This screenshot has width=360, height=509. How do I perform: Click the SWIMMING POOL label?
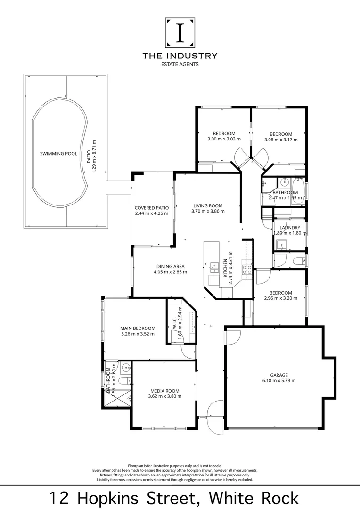click(x=58, y=154)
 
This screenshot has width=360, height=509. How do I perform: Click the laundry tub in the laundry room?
click(x=282, y=245)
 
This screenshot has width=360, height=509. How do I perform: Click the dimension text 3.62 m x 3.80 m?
click(x=165, y=396)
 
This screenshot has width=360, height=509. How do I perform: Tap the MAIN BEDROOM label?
click(x=138, y=328)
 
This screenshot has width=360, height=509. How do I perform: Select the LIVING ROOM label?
click(x=208, y=205)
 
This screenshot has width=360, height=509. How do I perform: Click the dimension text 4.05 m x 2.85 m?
click(x=171, y=272)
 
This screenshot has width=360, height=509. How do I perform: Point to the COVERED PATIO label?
click(x=151, y=207)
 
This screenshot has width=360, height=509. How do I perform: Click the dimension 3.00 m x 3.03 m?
click(x=224, y=139)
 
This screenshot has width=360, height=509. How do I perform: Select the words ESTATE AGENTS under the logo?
click(x=180, y=64)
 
